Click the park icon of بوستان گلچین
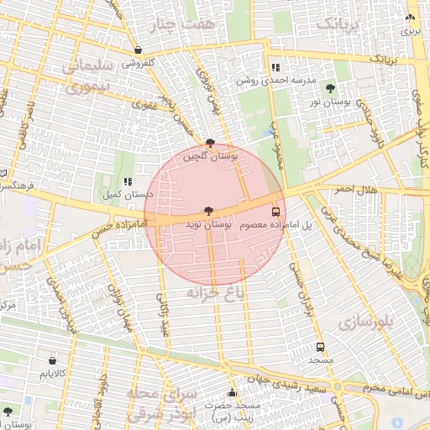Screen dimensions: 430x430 (x=209, y=144)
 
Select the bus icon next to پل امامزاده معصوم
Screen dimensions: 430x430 (x=275, y=212)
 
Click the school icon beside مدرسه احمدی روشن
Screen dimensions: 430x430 (x=275, y=67)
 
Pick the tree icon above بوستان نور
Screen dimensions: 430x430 (x=329, y=88)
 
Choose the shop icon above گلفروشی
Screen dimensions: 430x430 (x=137, y=50)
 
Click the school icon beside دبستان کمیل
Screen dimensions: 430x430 (x=128, y=181)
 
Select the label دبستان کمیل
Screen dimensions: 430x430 (x=127, y=194)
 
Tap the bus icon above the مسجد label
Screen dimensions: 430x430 (x=320, y=347)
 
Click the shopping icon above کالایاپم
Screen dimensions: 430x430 (x=52, y=360)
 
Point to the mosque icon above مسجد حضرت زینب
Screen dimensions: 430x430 (x=232, y=393)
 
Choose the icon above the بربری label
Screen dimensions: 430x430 (x=409, y=17)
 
